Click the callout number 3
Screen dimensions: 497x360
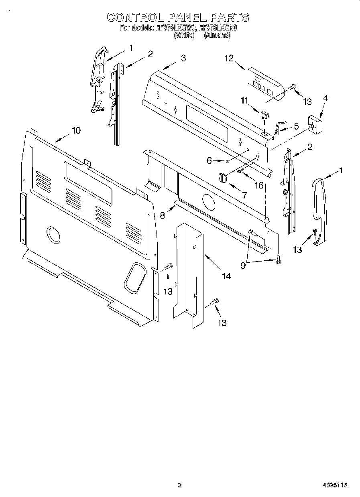point(183,58)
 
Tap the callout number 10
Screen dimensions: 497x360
point(76,130)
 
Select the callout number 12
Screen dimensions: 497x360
point(229,59)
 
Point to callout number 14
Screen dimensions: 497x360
point(226,276)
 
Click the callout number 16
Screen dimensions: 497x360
point(259,185)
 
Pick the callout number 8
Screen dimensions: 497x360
point(163,215)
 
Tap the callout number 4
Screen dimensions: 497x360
point(325,98)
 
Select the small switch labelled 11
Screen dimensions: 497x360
point(264,115)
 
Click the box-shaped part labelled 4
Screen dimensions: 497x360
point(315,124)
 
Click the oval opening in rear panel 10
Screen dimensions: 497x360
point(134,277)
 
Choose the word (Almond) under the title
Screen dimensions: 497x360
point(217,35)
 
